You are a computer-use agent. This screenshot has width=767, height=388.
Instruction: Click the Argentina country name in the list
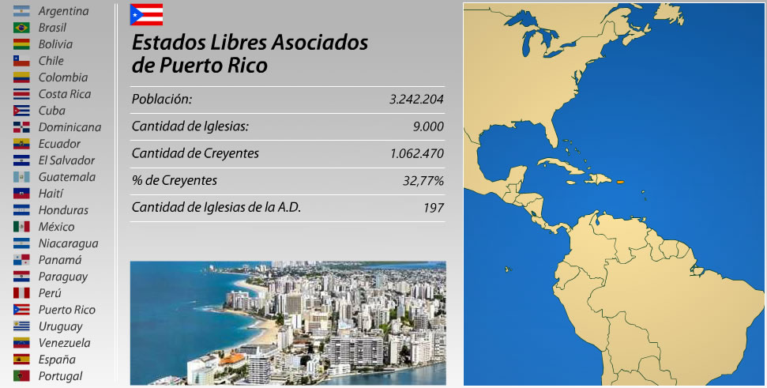tap(63, 11)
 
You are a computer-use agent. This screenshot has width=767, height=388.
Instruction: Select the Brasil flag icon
tap(22, 28)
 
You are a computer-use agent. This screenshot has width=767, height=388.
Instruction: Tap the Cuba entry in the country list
tap(51, 111)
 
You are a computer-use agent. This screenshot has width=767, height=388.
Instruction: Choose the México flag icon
tap(22, 227)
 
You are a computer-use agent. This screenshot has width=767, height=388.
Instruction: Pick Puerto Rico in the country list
tap(66, 310)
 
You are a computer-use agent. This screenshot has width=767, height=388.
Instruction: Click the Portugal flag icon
tap(22, 376)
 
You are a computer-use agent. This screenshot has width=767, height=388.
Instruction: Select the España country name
tap(56, 360)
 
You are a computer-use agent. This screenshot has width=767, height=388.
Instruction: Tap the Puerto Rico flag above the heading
tap(146, 14)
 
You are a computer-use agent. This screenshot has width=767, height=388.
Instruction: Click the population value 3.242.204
tap(416, 100)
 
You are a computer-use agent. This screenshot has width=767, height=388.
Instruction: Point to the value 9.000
tap(428, 126)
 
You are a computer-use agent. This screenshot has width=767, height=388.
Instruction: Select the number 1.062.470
tap(416, 153)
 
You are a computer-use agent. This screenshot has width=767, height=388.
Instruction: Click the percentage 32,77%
tap(423, 181)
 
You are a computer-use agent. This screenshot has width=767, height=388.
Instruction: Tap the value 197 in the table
tap(433, 208)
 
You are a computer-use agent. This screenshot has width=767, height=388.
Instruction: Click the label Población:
tap(162, 100)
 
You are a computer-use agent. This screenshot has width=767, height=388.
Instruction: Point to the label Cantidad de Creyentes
tap(195, 153)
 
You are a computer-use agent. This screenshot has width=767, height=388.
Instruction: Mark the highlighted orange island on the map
tap(621, 183)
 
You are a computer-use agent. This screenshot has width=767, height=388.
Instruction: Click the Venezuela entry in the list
tap(64, 343)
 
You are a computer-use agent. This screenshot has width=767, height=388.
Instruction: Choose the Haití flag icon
tap(22, 194)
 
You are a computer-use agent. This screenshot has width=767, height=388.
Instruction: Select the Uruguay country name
tap(60, 326)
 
